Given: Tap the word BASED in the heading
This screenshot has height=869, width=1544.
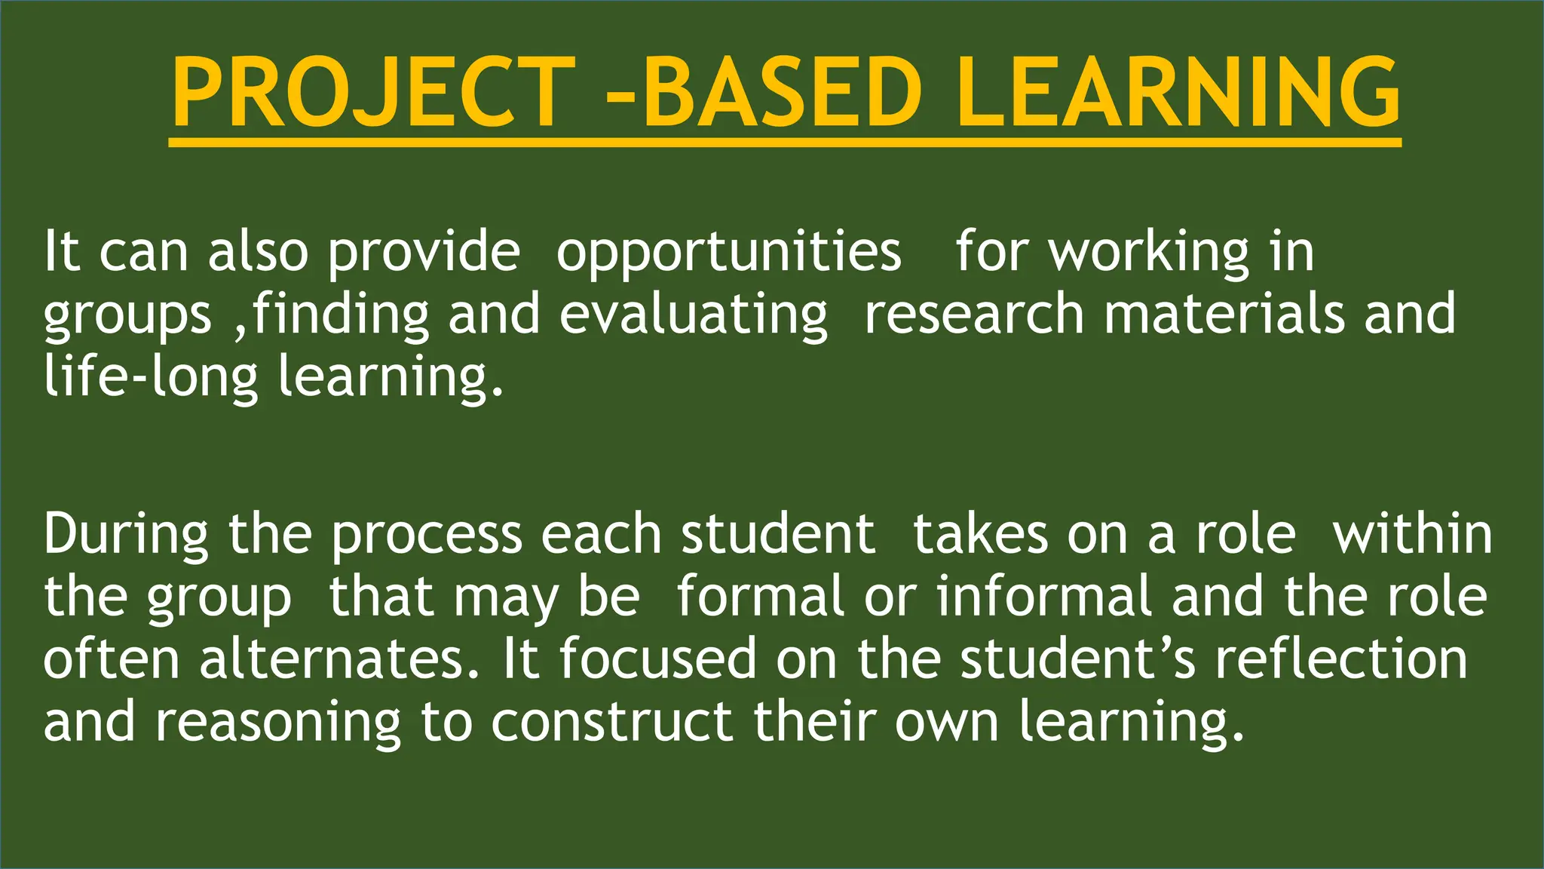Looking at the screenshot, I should point(782,93).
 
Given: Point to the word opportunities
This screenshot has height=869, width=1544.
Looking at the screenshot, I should point(728,253).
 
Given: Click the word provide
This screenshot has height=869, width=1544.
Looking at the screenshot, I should point(424,253).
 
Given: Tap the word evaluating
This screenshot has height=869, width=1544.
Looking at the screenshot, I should point(694,315).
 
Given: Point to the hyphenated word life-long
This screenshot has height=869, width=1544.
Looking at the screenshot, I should point(151,377).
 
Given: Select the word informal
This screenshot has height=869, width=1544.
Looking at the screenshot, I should point(1043,597).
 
